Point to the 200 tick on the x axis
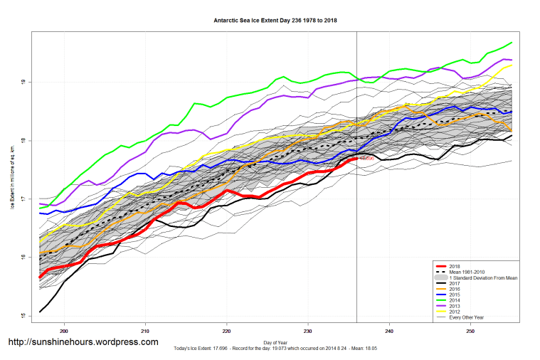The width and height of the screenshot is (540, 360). (x=65, y=331)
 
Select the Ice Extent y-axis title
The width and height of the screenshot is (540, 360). (x=11, y=178)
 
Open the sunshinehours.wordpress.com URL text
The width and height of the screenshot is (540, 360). (x=83, y=342)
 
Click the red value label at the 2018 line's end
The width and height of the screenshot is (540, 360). (x=367, y=159)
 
